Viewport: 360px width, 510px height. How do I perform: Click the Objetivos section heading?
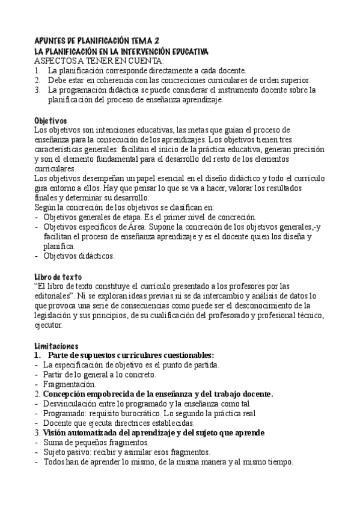tap(50, 120)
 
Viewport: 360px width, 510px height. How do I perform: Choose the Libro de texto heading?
tap(58, 275)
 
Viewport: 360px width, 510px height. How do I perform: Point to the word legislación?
tap(57, 315)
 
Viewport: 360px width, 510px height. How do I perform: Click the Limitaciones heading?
tap(56, 346)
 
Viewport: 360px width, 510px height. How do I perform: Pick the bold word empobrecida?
tap(117, 394)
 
